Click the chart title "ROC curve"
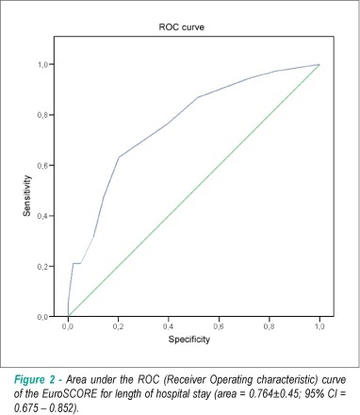(182, 27)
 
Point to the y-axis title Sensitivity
(27, 195)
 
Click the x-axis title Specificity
(189, 340)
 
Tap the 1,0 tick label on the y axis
(42, 64)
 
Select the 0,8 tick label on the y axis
(42, 115)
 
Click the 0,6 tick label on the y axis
(42, 166)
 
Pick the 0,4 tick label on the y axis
(42, 216)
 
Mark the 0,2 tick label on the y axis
(42, 267)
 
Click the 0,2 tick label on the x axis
(118, 327)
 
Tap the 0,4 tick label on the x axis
(169, 327)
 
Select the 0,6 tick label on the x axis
(219, 327)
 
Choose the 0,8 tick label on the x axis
(270, 327)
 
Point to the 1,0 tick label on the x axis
(319, 327)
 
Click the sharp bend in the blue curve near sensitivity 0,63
(119, 157)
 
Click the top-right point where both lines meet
(319, 64)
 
